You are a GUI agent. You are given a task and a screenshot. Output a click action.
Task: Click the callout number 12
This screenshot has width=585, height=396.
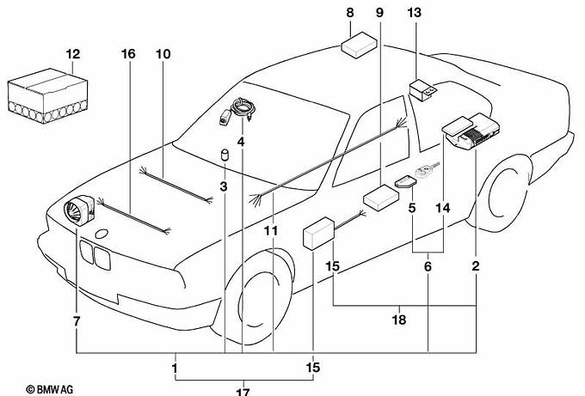point(73,54)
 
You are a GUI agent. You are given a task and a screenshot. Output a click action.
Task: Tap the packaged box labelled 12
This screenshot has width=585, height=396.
point(48,95)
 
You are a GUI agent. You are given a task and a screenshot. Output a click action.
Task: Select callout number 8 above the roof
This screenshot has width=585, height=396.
point(349,13)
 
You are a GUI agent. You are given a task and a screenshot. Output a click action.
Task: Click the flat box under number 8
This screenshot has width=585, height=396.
point(359,45)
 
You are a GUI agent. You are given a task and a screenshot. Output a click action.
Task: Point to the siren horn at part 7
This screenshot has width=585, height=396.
point(79,210)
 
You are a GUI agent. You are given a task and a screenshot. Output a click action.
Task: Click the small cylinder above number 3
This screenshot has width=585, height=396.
point(225,155)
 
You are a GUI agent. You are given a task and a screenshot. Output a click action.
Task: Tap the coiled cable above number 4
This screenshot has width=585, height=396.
point(243,108)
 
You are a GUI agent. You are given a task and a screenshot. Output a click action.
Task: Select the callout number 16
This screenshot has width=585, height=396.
point(128,54)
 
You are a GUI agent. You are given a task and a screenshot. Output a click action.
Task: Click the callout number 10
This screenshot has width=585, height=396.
point(163,54)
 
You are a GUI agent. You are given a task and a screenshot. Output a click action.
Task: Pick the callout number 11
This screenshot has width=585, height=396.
point(271,231)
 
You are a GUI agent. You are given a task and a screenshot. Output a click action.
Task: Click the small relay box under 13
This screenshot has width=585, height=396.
point(422,90)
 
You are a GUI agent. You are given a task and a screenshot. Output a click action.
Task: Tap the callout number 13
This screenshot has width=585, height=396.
point(414,13)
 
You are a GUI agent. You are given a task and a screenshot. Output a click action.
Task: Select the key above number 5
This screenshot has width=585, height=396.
point(428,169)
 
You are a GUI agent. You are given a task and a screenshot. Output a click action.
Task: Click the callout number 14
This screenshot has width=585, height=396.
point(443,208)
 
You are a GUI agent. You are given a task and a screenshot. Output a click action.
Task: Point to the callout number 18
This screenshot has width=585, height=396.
point(399,320)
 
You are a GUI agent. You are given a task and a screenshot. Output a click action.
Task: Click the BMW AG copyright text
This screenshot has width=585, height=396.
point(50,390)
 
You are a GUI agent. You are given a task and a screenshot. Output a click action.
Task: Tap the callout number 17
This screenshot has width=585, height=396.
point(243,391)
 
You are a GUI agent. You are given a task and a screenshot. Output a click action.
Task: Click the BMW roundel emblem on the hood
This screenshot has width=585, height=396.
point(102,234)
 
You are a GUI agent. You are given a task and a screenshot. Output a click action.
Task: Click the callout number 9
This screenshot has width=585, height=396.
point(379,13)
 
